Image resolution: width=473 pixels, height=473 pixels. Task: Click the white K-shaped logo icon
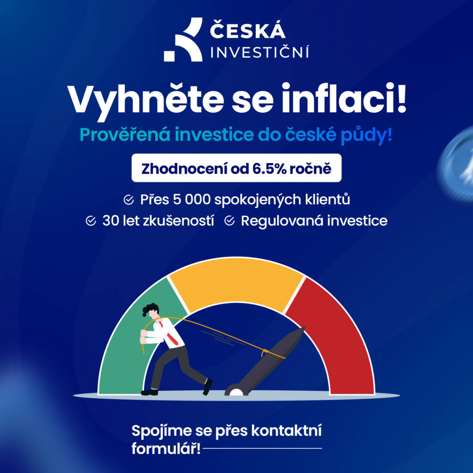tap(183, 42)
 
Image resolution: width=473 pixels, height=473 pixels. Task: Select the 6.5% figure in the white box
tap(269, 168)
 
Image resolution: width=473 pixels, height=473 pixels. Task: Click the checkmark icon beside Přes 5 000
tap(129, 200)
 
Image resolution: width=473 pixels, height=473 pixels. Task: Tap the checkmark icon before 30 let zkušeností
tap(91, 221)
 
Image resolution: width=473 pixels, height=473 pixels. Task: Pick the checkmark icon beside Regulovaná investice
tap(230, 221)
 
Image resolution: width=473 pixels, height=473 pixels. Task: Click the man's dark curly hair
tap(150, 309)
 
